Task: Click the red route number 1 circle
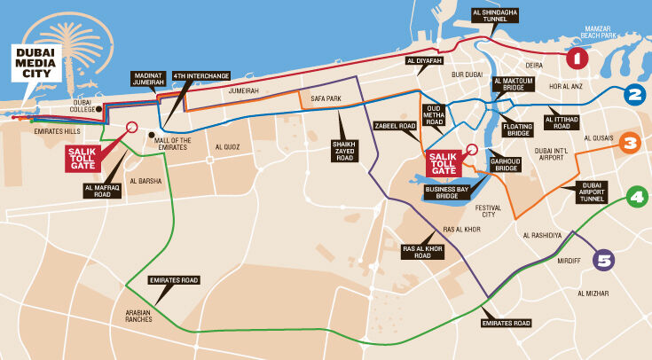[x=577, y=59]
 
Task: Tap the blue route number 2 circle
[x=633, y=95]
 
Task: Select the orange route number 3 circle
[x=630, y=143]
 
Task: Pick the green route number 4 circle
[x=636, y=197]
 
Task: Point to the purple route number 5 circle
[x=604, y=260]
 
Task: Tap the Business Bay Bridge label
[x=448, y=192]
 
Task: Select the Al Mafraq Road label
[x=102, y=191]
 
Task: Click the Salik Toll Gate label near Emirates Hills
[x=85, y=157]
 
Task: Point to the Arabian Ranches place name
[x=137, y=317]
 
